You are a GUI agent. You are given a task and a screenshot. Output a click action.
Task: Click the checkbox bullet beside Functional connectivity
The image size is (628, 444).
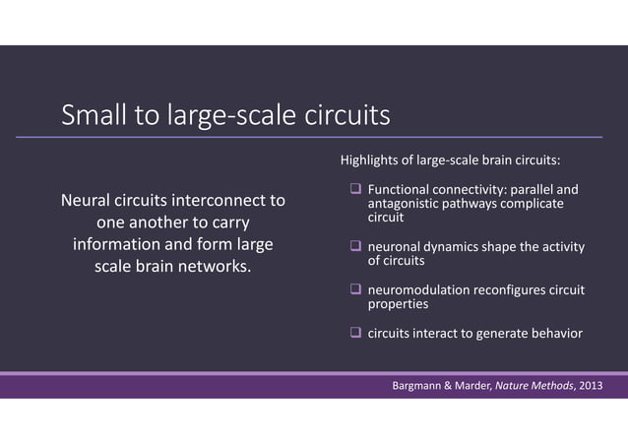pos(356,189)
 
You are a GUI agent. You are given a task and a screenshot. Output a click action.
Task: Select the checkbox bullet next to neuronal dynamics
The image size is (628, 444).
pos(356,246)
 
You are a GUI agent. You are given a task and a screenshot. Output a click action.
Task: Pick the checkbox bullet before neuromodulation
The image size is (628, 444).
pos(356,290)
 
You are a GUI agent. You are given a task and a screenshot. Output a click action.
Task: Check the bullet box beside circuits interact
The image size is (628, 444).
pos(356,333)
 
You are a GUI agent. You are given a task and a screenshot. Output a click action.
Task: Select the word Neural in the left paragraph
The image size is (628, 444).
pos(86,201)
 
